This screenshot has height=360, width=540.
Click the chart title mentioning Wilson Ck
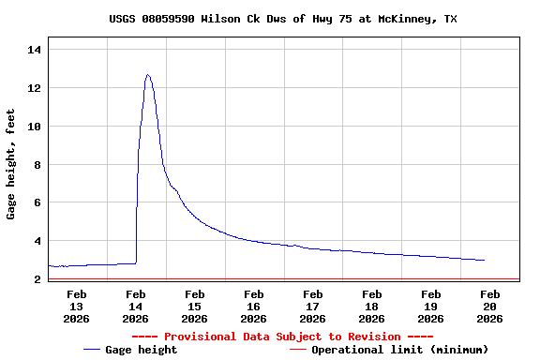coord(282,19)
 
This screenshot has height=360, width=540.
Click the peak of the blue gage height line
coord(148,75)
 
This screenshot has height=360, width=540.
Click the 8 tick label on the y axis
coord(37,165)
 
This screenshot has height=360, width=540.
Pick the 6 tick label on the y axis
coord(37,202)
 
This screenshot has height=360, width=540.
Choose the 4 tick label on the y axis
coord(37,241)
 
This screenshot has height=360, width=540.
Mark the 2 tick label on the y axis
coord(37,279)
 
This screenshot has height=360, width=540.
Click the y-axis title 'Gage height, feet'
coord(11,164)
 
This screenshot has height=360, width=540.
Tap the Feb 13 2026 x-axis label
coord(77,306)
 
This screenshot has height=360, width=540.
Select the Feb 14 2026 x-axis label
coord(136,306)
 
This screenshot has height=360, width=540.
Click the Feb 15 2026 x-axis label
coord(195,306)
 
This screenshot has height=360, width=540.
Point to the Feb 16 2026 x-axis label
coord(254,306)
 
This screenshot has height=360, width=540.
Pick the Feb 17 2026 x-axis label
coord(313,306)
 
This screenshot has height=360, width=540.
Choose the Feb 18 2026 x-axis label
coord(372,306)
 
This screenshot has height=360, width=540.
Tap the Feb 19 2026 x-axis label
coord(431,306)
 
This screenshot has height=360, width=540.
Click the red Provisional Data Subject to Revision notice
coord(282,337)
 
